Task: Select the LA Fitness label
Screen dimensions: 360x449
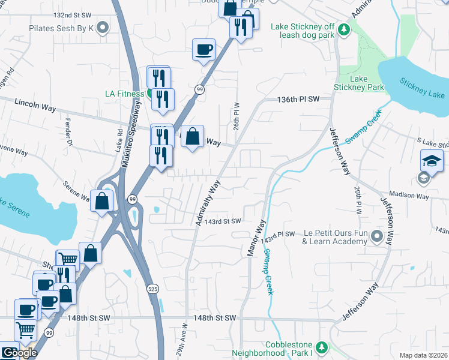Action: pos(124,94)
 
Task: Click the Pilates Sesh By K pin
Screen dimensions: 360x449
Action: pos(103,28)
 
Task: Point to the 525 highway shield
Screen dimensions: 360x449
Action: pos(153,289)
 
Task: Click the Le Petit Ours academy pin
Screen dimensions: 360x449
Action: pos(377,236)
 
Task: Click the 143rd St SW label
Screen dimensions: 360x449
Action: pos(222,221)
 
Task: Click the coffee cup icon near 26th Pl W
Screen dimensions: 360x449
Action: pos(204,50)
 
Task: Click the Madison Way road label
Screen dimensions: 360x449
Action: pos(409,195)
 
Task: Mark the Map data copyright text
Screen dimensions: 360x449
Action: pos(423,355)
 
